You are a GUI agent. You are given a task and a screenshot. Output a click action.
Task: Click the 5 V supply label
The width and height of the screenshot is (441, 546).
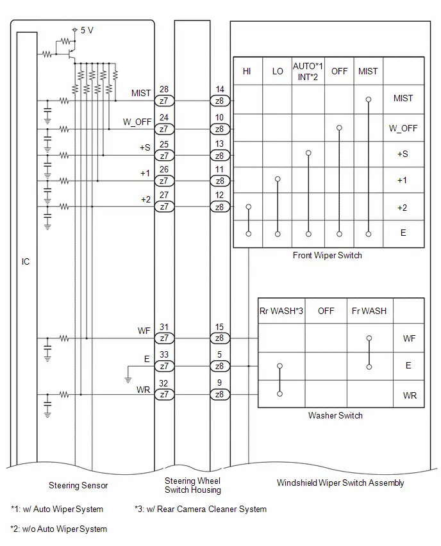coord(87,30)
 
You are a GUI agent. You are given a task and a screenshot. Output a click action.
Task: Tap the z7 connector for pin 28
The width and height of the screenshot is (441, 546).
coord(164,101)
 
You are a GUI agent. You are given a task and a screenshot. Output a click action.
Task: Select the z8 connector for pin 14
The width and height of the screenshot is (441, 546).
coord(220,101)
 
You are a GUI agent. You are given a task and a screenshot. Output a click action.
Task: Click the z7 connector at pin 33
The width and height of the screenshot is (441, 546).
coord(164,366)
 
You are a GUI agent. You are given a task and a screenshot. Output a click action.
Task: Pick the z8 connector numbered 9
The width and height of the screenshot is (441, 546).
coord(220,394)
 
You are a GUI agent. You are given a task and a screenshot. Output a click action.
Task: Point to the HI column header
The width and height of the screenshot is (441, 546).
coord(247,71)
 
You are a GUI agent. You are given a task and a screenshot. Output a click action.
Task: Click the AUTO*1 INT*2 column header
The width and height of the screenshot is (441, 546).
coord(308,71)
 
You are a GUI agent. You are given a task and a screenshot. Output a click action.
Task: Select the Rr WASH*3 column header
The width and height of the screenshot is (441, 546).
coord(281,311)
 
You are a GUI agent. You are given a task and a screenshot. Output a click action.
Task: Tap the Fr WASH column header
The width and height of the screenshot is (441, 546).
coord(369,311)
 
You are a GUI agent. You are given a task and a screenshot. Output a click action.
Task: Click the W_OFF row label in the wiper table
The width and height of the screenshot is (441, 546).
coord(403,128)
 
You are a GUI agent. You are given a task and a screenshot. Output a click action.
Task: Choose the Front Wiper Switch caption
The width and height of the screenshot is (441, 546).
coord(327,255)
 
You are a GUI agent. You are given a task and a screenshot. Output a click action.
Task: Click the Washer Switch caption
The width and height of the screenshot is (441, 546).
coord(335,415)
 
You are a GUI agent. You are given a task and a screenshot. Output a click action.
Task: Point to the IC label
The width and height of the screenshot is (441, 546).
coord(26,261)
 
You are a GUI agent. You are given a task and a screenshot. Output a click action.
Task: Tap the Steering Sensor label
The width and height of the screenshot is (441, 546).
coord(78,485)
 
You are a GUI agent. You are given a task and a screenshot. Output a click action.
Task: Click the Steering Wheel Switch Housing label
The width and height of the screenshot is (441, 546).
coord(193,485)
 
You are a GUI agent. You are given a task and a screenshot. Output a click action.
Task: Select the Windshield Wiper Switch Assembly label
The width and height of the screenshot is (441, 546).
coord(340,483)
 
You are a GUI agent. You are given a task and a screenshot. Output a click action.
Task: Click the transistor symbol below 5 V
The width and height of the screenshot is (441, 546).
coord(72,54)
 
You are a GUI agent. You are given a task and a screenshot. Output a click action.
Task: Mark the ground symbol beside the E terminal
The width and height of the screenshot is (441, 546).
coord(128,379)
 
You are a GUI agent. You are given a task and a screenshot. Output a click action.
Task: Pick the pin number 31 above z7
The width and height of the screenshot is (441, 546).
coord(164,327)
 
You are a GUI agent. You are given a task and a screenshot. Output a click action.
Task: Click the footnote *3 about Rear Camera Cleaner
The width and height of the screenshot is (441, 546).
coord(201,509)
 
